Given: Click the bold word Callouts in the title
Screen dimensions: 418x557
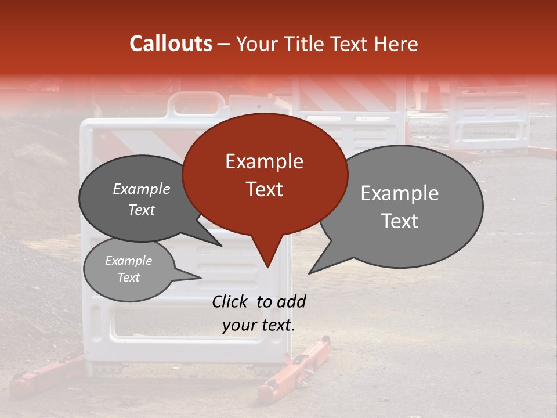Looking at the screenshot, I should click(171, 44).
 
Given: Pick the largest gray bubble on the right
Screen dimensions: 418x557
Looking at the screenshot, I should click(406, 206).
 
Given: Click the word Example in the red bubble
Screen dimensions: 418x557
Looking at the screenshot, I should click(264, 161).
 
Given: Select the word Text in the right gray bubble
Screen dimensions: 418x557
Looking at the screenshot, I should click(400, 221).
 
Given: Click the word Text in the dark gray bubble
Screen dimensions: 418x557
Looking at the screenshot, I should click(142, 210).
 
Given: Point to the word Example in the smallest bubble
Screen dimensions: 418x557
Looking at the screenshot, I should click(128, 261).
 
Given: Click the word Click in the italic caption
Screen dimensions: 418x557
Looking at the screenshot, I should click(230, 301).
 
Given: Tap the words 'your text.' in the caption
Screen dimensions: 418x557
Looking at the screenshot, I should click(259, 326).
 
